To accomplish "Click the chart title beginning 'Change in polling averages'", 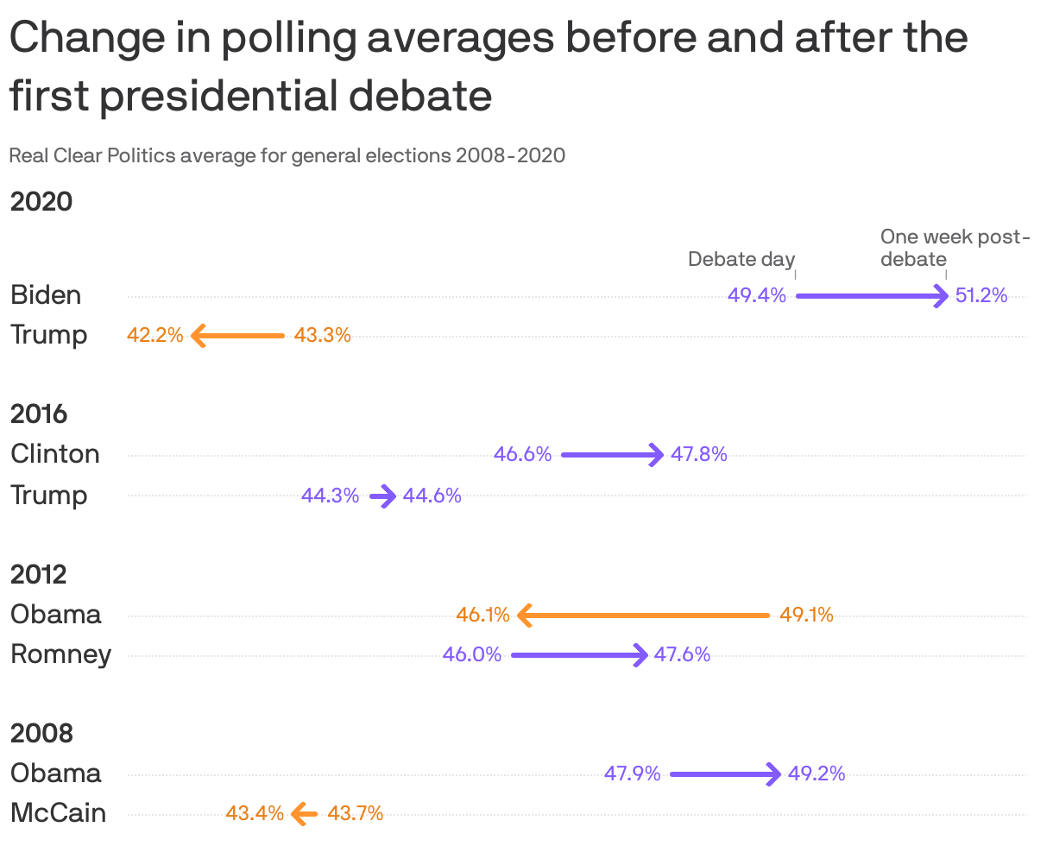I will pyautogui.click(x=488, y=66).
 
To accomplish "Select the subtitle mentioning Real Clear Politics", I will pyautogui.click(x=287, y=156).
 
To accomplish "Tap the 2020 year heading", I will pyautogui.click(x=41, y=202).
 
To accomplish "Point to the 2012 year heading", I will pyautogui.click(x=39, y=574).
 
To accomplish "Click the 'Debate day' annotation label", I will pyautogui.click(x=741, y=259).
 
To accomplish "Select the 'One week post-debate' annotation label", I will pyautogui.click(x=954, y=248).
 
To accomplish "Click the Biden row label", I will pyautogui.click(x=46, y=295).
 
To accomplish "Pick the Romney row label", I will pyautogui.click(x=60, y=654).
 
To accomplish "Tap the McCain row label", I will pyautogui.click(x=58, y=812).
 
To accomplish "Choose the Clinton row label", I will pyautogui.click(x=55, y=454).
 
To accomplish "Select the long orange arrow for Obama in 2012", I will pyautogui.click(x=643, y=616).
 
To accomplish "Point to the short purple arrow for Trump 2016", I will pyautogui.click(x=382, y=496).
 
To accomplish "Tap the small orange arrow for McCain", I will pyautogui.click(x=305, y=813).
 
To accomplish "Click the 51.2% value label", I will pyautogui.click(x=981, y=296).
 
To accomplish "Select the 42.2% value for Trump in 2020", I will pyautogui.click(x=155, y=336).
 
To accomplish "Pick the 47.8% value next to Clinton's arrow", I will pyautogui.click(x=699, y=454).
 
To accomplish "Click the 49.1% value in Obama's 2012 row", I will pyautogui.click(x=806, y=616).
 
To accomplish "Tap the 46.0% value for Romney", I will pyautogui.click(x=472, y=654).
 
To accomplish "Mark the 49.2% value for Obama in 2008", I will pyautogui.click(x=817, y=773).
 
